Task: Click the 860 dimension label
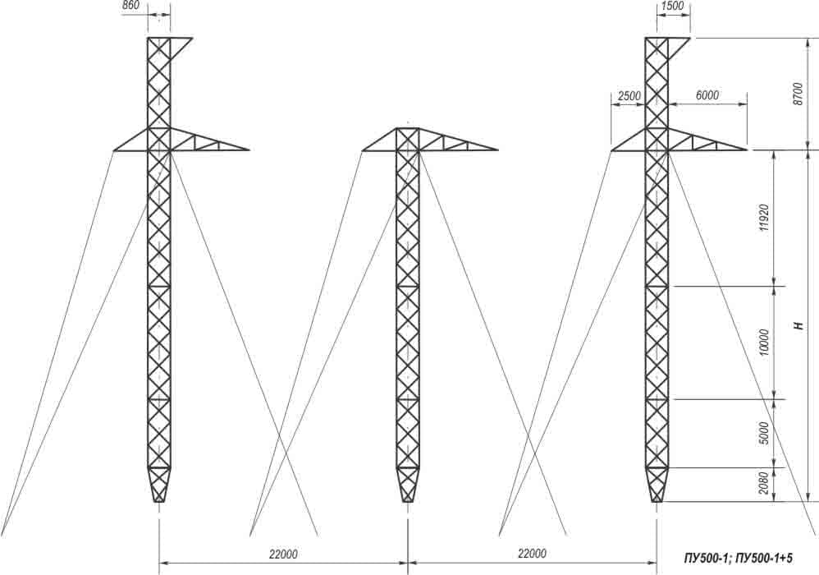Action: point(131,5)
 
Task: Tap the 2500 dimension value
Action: point(629,96)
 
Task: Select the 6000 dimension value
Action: point(707,95)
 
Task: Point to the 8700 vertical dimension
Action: point(797,94)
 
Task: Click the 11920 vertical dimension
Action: point(764,218)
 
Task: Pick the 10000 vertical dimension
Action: point(764,343)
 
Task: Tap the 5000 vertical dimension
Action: point(764,434)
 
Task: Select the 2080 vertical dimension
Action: point(764,484)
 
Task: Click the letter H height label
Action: point(798,325)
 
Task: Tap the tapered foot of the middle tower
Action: point(407,485)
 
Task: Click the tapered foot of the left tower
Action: point(158,485)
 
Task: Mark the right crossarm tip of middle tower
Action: point(498,150)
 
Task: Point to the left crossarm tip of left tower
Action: point(114,151)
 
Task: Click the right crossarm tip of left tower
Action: point(249,150)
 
